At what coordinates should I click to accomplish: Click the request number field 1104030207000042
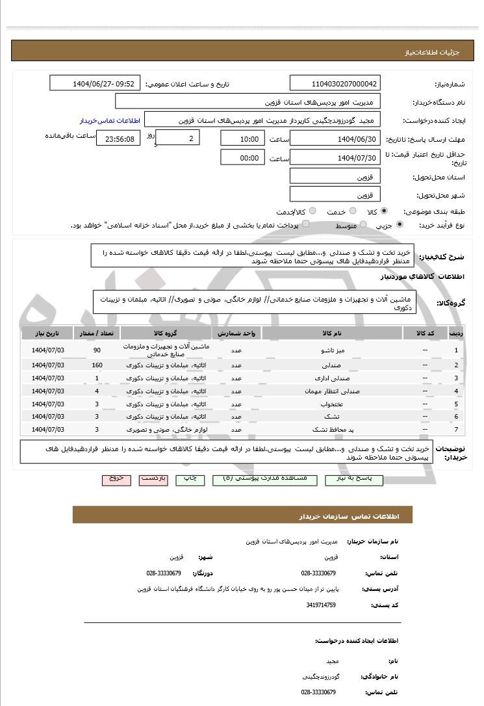(335, 84)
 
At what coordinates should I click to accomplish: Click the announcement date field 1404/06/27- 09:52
(95, 84)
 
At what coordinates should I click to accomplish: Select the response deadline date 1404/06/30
(335, 139)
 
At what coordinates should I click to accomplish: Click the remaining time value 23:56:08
(118, 139)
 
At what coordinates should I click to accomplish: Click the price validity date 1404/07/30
(335, 158)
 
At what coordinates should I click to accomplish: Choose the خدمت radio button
(352, 211)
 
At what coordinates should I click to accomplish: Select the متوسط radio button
(363, 225)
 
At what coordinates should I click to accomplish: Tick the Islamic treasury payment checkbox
(306, 224)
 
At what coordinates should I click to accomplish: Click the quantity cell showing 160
(97, 365)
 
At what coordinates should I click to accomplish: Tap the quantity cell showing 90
(97, 351)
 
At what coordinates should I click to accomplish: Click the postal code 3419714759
(320, 605)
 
